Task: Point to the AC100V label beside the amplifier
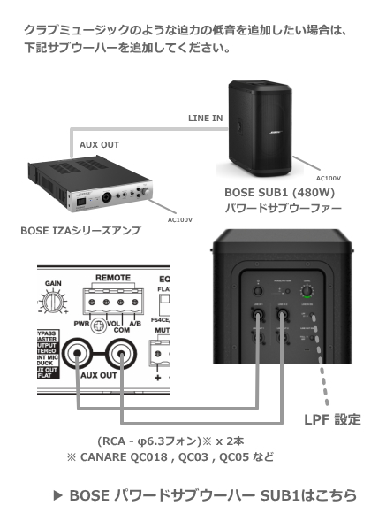pos(179,218)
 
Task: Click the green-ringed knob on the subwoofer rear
pos(307,289)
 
